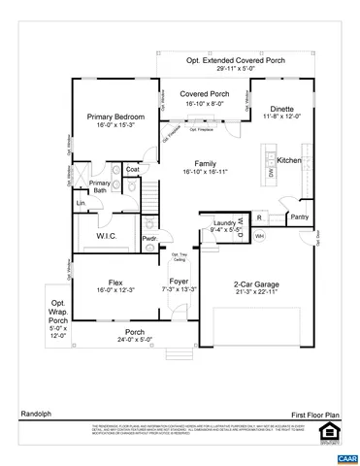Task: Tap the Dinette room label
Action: (x=282, y=109)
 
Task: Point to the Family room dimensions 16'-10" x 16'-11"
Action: (x=204, y=171)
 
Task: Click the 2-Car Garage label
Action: (x=257, y=284)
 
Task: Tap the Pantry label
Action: (x=300, y=217)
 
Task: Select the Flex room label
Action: (x=108, y=283)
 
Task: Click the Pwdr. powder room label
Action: (x=150, y=238)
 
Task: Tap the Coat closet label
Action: (x=132, y=170)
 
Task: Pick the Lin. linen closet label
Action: (x=81, y=204)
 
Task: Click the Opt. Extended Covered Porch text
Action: (x=238, y=61)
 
